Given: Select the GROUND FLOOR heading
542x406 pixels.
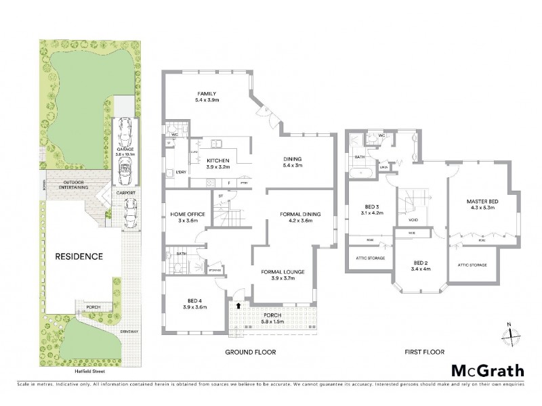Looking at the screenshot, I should (x=251, y=353).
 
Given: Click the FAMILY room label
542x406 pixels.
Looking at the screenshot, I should (x=207, y=93).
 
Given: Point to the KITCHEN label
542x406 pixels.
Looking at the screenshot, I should (x=217, y=160).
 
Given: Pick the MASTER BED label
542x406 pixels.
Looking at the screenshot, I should (x=482, y=201).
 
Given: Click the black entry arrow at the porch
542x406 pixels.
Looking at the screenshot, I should (x=236, y=306).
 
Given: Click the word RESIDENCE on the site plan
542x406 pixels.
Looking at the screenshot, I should (x=80, y=256).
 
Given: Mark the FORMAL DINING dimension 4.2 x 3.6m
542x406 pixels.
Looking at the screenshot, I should (x=299, y=221).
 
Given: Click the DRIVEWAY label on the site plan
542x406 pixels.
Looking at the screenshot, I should (x=129, y=332).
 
